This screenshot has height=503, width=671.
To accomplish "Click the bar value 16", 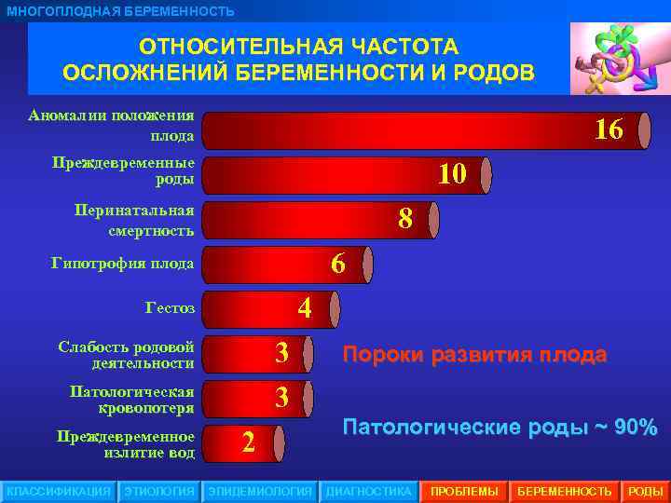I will (x=609, y=129).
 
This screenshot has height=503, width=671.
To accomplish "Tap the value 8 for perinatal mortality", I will (x=405, y=218).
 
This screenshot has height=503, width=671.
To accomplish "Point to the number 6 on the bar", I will (x=338, y=265).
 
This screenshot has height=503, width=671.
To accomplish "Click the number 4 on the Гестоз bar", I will (x=304, y=307).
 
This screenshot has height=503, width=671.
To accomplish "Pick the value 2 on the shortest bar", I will (x=248, y=442).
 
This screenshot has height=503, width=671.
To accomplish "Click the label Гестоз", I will (x=171, y=307).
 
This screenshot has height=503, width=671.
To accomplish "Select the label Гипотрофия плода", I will (x=122, y=264).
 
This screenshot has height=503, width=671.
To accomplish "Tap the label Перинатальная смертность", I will (x=135, y=220).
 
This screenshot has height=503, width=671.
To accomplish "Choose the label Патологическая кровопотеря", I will (x=132, y=399).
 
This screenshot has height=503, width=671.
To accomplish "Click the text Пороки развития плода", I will (x=474, y=355).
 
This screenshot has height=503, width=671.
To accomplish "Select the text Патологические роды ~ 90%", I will (x=500, y=428).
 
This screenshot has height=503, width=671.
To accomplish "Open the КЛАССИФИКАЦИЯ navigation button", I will (x=59, y=491).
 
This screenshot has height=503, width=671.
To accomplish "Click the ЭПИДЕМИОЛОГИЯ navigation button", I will (x=260, y=491).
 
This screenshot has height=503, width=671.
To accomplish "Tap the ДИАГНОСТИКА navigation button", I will (x=368, y=491).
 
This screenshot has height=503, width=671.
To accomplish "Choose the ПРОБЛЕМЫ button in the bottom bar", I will (x=463, y=491).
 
